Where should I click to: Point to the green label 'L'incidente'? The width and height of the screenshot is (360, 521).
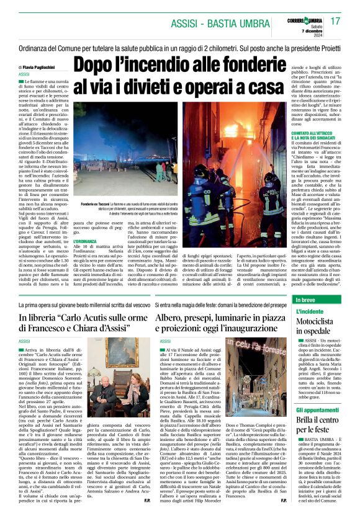click(x=310, y=311)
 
